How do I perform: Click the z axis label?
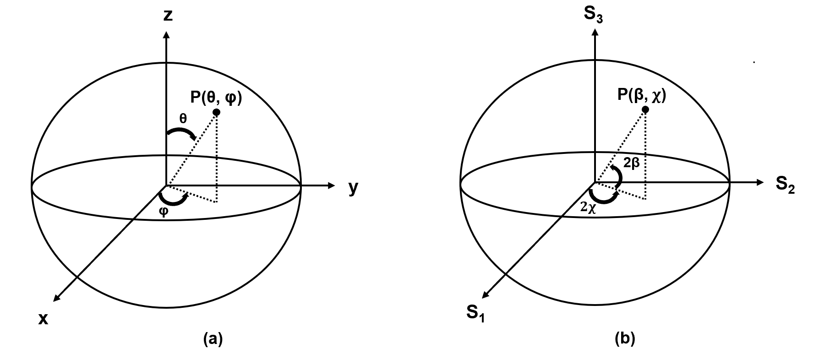click(168, 16)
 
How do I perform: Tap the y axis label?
click(353, 188)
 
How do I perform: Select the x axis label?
click(44, 319)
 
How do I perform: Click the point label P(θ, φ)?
click(216, 98)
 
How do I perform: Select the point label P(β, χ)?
click(641, 95)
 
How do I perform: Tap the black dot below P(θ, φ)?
click(217, 112)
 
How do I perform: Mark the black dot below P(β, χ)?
click(645, 109)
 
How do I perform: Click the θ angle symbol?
click(183, 119)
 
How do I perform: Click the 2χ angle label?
click(588, 207)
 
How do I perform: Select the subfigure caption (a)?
click(213, 339)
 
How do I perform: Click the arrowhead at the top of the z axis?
click(167, 35)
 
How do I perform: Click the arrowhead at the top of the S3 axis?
click(595, 32)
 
